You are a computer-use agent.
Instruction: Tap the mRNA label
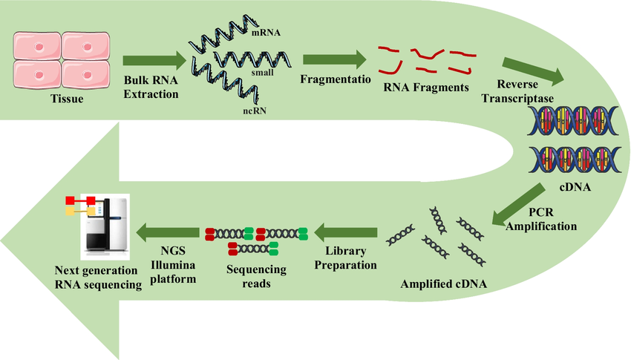coord(265,33)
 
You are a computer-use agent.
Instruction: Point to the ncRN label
coord(253,111)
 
